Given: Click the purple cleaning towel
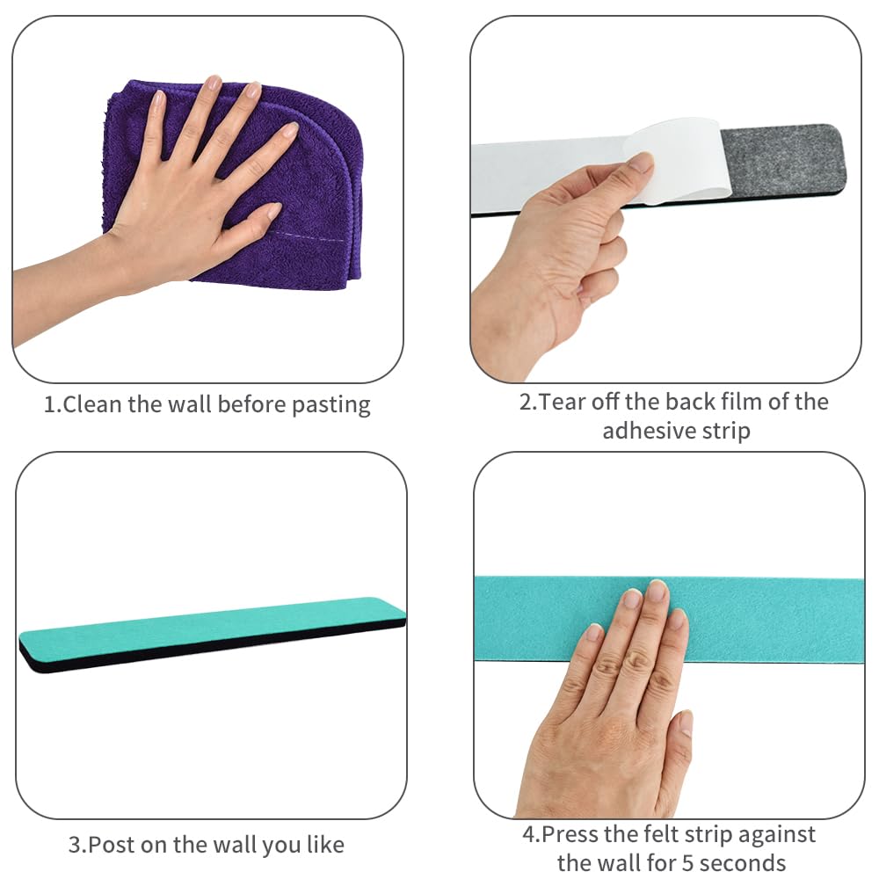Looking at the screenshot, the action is pyautogui.click(x=314, y=185).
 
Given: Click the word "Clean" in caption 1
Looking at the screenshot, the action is pyautogui.click(x=92, y=404).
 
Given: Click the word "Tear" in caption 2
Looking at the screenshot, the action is pyautogui.click(x=563, y=402).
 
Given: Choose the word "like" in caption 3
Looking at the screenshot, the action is pyautogui.click(x=325, y=844).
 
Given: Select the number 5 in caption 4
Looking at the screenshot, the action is pyautogui.click(x=686, y=862).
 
